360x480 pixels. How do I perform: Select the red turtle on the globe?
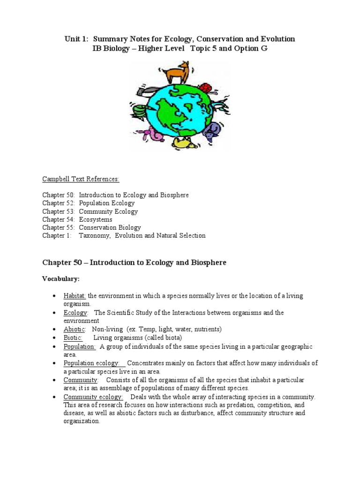(x=206, y=88)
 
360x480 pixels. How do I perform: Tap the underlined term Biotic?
(x=73, y=338)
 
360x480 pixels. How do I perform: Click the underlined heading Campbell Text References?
(x=81, y=179)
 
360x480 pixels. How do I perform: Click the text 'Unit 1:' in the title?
(x=76, y=39)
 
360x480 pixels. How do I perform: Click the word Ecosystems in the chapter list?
(x=96, y=219)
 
